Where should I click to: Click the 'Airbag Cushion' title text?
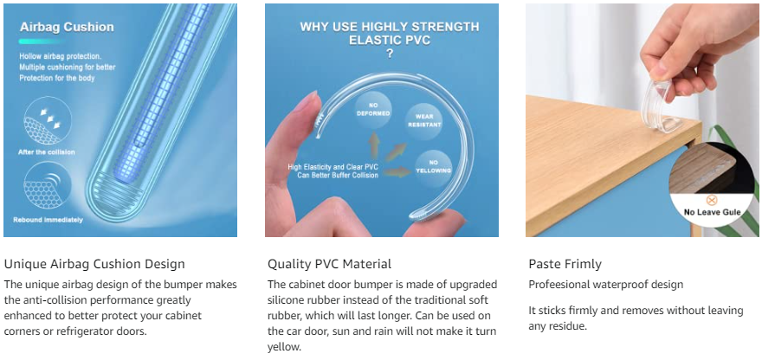[x=67, y=27]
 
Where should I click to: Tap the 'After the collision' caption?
[x=46, y=152]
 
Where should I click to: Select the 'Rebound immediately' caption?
[x=48, y=220]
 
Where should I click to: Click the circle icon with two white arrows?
[x=47, y=120]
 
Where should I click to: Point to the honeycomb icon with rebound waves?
[x=47, y=185]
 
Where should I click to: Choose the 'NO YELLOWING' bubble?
[x=434, y=167]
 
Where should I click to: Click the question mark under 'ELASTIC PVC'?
[x=390, y=55]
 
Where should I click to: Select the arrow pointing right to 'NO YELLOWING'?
[x=396, y=171]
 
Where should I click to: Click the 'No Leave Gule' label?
[x=712, y=212]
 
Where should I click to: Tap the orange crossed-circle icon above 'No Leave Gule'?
[x=712, y=200]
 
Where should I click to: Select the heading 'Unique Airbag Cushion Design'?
[x=94, y=264]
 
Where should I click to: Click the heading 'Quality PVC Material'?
[x=329, y=264]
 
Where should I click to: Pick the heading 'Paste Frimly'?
[x=565, y=264]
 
